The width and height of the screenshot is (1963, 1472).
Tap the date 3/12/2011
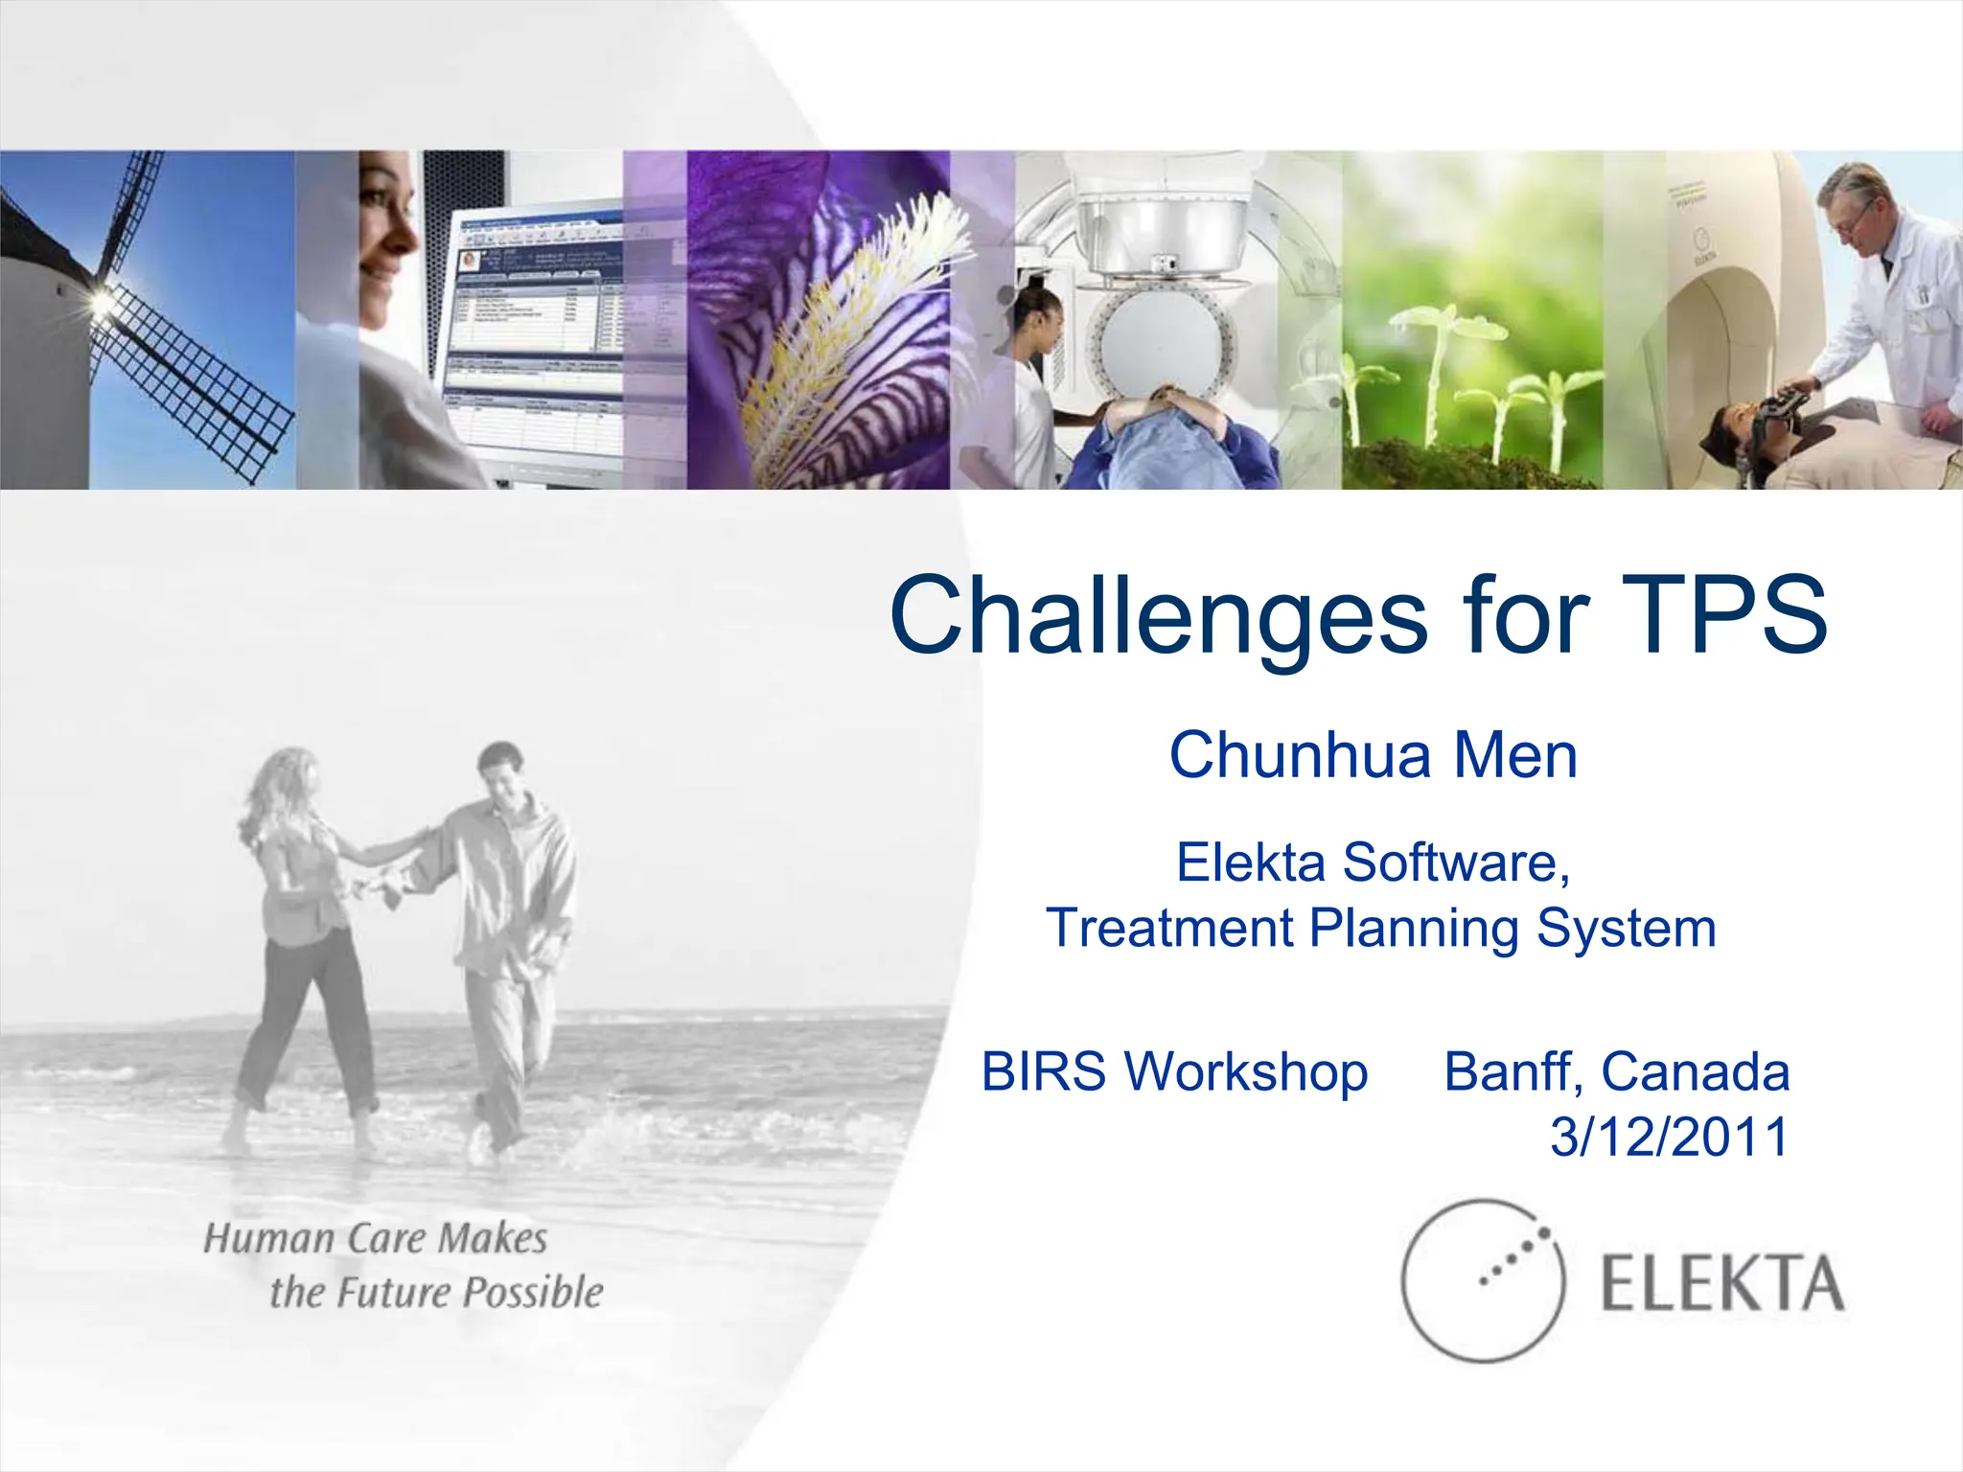tap(1669, 1137)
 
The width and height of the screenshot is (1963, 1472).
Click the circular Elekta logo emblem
tap(1482, 1280)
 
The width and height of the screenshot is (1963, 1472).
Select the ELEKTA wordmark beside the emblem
tap(1721, 1284)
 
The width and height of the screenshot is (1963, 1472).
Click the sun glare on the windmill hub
tap(100, 303)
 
